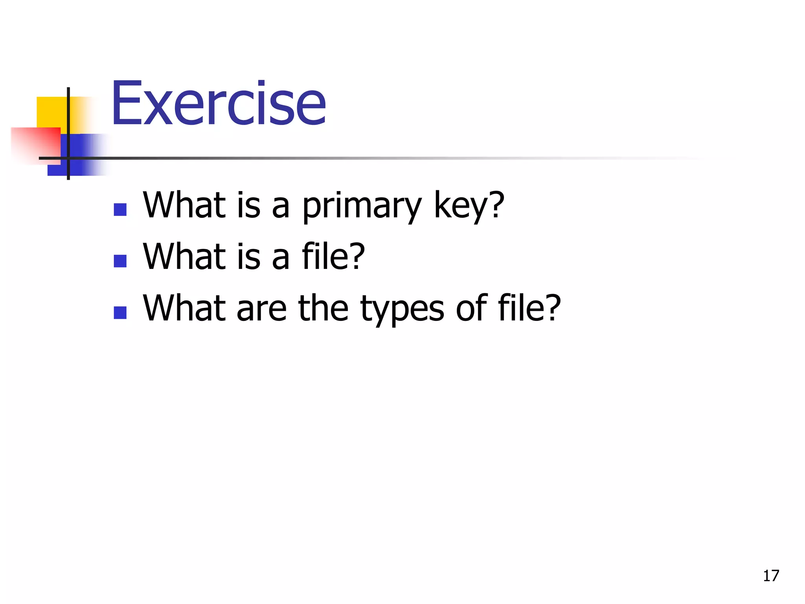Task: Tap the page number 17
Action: [771, 576]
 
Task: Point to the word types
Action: [402, 309]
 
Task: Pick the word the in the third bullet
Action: [323, 308]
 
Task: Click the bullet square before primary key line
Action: [120, 210]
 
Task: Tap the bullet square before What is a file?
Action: [120, 261]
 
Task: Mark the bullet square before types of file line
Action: [120, 313]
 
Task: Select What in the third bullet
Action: [184, 308]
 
